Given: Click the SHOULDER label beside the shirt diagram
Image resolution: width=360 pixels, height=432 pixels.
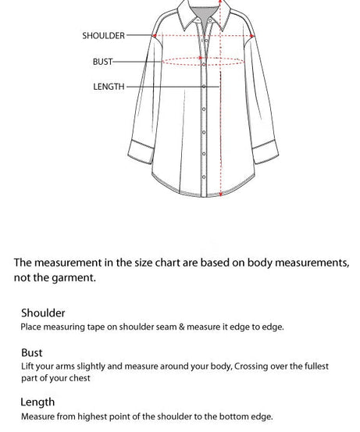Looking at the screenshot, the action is [103, 36].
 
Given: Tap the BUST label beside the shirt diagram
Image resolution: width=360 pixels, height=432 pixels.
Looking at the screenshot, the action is [102, 62].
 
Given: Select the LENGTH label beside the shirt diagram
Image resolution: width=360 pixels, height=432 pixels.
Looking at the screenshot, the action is [109, 87].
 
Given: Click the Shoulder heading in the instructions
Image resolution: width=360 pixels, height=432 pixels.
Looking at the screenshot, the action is [43, 313].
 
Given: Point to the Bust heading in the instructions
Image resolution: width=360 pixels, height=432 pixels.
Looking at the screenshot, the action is [32, 352].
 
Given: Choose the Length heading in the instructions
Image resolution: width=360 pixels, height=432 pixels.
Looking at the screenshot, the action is [38, 402].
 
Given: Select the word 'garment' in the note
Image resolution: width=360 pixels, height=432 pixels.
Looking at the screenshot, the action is [74, 277].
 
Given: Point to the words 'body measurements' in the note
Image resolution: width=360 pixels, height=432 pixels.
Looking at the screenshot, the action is [300, 262].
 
